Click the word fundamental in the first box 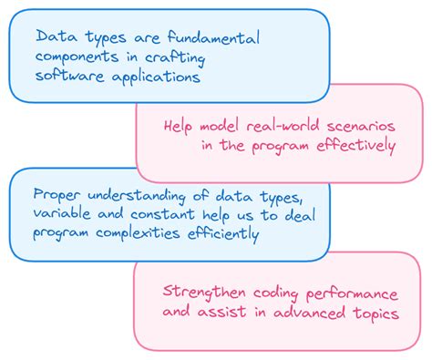tap(211, 39)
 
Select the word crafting tap(177, 58)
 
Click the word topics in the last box tap(375, 313)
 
